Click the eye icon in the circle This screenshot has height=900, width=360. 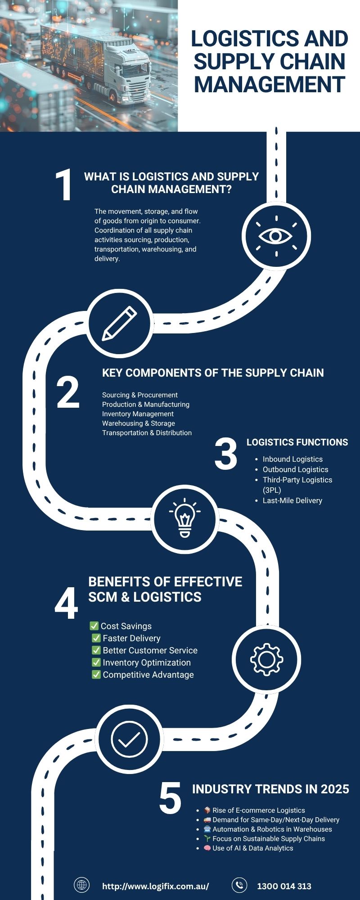coord(276,236)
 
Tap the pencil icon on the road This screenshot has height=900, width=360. coord(119,323)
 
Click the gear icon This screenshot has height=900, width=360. coord(266,660)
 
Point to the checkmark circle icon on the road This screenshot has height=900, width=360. coord(129,739)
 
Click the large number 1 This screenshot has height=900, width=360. coord(64,184)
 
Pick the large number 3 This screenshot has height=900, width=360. coord(226,454)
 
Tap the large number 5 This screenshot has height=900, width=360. coord(170,798)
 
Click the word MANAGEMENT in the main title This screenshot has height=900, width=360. coord(270,84)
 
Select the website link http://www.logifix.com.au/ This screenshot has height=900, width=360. coord(156,886)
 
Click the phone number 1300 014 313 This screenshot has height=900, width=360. coord(284,886)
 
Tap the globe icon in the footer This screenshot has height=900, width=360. coord(82,885)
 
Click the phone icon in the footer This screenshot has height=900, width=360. coord(239,885)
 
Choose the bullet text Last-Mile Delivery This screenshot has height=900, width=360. coord(292,500)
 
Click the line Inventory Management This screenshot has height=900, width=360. coord(138,414)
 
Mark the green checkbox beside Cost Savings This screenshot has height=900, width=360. coord(94,625)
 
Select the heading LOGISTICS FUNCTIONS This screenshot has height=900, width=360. coord(297,442)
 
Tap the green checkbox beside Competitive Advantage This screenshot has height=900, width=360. coord(96,674)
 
